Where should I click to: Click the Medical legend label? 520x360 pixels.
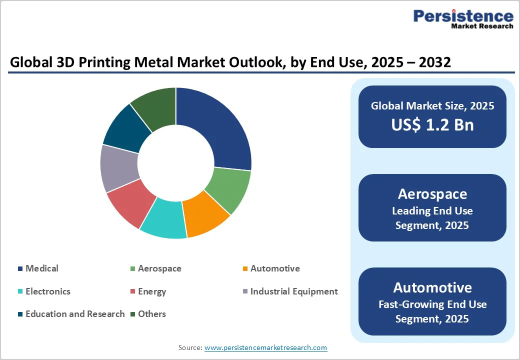[x=42, y=268]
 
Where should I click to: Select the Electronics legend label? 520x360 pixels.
[x=48, y=291]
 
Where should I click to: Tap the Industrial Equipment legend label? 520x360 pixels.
[x=294, y=291]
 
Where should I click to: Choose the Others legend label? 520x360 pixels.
[x=152, y=314]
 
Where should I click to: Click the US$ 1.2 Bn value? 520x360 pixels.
[x=432, y=124]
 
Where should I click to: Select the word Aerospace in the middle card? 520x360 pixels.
[x=432, y=194]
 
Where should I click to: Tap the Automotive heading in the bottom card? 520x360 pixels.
[x=432, y=287]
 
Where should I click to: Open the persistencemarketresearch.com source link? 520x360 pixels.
[x=265, y=347]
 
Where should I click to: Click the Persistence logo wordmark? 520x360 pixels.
[x=463, y=16]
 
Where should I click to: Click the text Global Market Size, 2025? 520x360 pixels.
[x=432, y=106]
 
